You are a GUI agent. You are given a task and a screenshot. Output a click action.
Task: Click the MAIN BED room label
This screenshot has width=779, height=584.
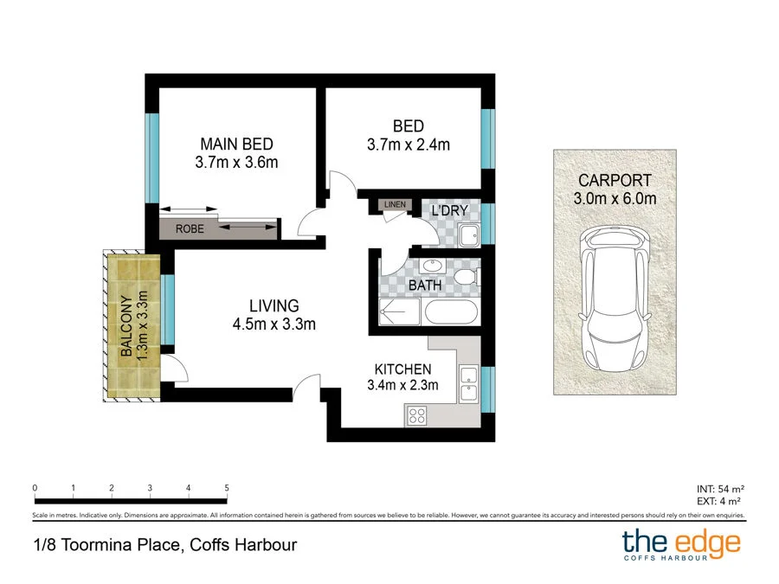(236, 144)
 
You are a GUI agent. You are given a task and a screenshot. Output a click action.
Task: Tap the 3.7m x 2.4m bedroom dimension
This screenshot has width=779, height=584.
(409, 144)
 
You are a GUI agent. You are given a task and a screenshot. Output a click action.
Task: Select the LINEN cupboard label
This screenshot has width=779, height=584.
(395, 205)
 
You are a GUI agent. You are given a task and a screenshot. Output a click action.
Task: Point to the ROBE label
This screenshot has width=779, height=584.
(190, 229)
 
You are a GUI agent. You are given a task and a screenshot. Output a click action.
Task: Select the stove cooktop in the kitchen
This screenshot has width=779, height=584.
(417, 414)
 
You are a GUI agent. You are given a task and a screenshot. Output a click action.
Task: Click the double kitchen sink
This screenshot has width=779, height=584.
(468, 383)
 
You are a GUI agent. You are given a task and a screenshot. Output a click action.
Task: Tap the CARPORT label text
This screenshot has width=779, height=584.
(615, 181)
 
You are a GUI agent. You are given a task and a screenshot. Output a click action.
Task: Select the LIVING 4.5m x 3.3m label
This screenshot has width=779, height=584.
(274, 315)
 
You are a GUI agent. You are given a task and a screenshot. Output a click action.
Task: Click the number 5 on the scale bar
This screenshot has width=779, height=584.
(227, 488)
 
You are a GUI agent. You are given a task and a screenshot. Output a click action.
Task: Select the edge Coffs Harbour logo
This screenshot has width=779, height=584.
(681, 545)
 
